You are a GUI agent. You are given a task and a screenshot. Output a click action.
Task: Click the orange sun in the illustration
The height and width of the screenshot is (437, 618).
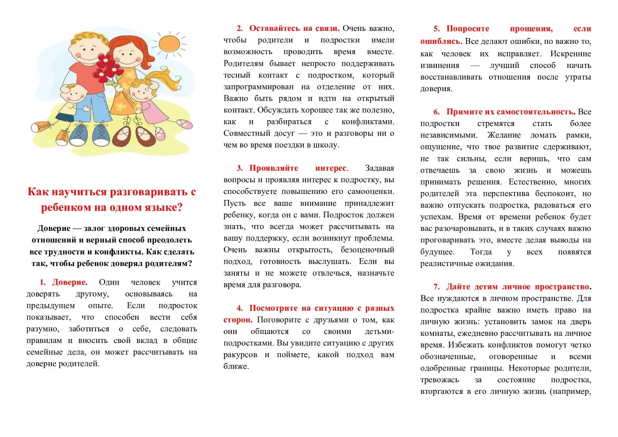tap(169, 44)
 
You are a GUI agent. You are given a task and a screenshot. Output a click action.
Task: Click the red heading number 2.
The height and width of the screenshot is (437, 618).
tap(239, 28)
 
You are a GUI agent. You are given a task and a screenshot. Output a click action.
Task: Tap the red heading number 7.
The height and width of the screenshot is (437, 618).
tap(436, 287)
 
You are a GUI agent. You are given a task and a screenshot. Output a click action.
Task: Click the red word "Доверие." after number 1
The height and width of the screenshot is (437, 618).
tap(70, 282)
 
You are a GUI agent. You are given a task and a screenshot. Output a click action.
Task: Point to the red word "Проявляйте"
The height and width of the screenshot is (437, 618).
tap(274, 168)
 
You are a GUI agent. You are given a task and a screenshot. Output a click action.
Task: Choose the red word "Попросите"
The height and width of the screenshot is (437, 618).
tap(468, 29)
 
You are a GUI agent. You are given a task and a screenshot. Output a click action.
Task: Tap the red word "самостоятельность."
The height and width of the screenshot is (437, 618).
tap(536, 112)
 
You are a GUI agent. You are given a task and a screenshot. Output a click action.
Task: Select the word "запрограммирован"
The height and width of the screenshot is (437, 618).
tap(258, 87)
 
